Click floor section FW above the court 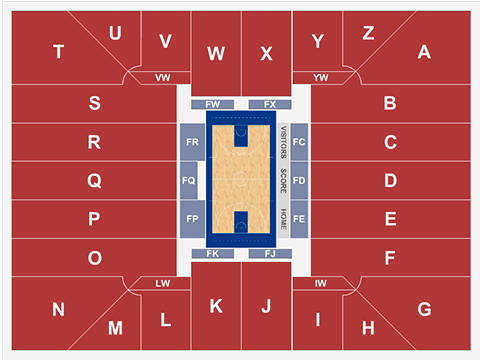click(x=213, y=104)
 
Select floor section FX click(x=269, y=104)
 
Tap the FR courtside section click(x=190, y=143)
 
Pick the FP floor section click(x=190, y=218)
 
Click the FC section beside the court click(x=299, y=143)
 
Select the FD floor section click(x=299, y=181)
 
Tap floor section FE click(x=299, y=218)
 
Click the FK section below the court click(x=213, y=255)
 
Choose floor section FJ click(x=269, y=255)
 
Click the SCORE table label click(x=283, y=181)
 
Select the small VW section click(x=163, y=77)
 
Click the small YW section click(x=320, y=77)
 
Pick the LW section click(x=163, y=284)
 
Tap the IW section click(x=320, y=284)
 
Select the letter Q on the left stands click(x=94, y=181)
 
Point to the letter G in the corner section click(x=424, y=310)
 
